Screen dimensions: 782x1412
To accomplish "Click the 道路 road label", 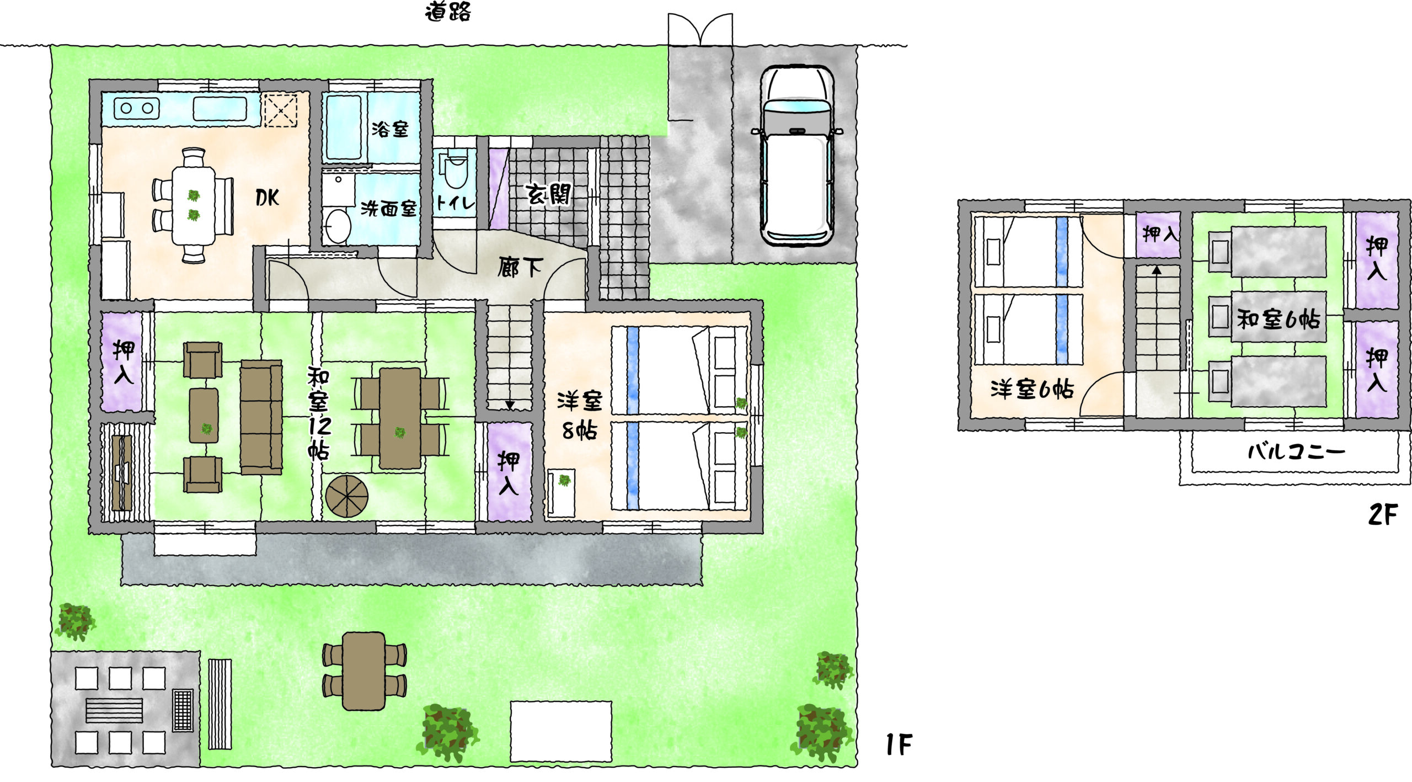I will click(448, 12).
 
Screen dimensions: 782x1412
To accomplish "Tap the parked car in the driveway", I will click(797, 156).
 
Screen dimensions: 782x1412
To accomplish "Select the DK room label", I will click(268, 198).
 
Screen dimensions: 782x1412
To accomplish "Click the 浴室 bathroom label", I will click(390, 129).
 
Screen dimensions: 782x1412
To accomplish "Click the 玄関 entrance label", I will click(548, 194).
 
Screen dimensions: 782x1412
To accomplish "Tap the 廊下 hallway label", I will click(520, 268).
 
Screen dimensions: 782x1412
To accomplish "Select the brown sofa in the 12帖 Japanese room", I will click(261, 417).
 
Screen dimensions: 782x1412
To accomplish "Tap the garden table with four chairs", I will click(364, 671).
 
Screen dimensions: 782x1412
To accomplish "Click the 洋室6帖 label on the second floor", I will click(1032, 390).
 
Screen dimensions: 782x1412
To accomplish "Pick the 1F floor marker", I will click(898, 745).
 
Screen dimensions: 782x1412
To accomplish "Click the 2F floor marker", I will click(1383, 514).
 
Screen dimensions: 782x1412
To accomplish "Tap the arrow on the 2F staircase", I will click(1157, 270).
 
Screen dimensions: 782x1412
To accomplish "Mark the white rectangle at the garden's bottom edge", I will click(560, 731).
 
